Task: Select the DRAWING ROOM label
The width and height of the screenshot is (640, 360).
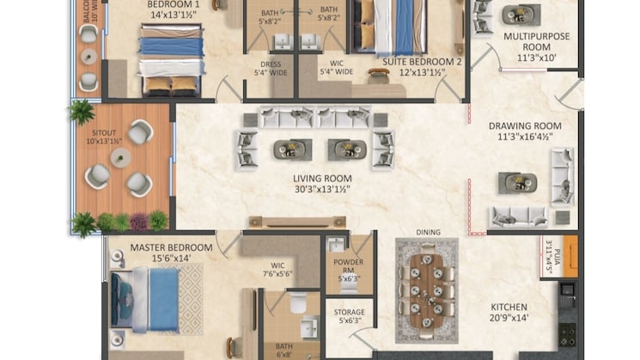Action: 525,125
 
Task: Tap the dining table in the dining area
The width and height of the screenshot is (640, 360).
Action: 426,284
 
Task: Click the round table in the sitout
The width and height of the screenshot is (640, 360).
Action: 120,157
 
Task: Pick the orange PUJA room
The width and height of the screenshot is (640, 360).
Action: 570,256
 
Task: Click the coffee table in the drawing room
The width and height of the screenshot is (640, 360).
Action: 518,182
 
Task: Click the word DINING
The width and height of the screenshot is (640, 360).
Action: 427,232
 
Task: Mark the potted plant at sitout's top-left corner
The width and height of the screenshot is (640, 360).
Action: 82,112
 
